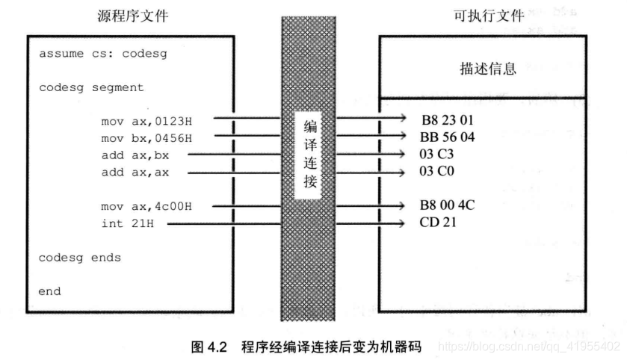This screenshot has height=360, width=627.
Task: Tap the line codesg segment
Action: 91,87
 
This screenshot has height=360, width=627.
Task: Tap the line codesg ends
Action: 80,257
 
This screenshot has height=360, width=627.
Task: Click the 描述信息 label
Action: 488,70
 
